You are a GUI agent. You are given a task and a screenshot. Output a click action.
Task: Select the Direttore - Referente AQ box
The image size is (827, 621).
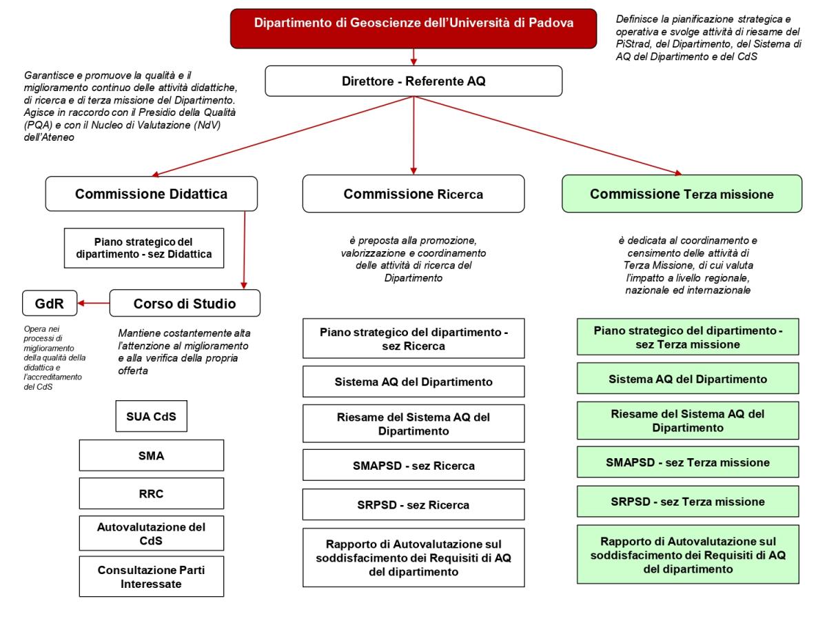(x=413, y=81)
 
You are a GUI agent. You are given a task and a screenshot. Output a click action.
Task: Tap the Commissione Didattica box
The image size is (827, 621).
(x=152, y=194)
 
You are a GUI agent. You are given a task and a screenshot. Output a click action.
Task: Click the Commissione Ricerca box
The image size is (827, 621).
(x=413, y=194)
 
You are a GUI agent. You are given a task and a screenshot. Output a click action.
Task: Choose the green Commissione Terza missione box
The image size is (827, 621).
(x=682, y=194)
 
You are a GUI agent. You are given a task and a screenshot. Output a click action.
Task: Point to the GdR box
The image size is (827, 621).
(x=48, y=302)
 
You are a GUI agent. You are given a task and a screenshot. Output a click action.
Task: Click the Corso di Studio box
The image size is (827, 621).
(x=184, y=302)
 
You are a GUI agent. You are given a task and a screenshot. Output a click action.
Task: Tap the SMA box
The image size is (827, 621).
(x=152, y=455)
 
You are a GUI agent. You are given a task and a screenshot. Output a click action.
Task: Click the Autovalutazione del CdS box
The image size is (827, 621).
(x=152, y=533)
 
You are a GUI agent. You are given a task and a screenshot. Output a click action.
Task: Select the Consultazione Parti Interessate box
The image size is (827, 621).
(x=152, y=576)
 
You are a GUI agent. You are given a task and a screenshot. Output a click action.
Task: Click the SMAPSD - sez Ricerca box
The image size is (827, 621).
(x=413, y=466)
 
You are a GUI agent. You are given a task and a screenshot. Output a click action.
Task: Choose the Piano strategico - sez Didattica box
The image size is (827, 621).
(x=144, y=248)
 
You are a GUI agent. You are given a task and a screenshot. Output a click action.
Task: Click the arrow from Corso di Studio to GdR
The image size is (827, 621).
(x=93, y=302)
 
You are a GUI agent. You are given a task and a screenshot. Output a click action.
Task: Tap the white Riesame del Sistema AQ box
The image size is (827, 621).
(x=413, y=422)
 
